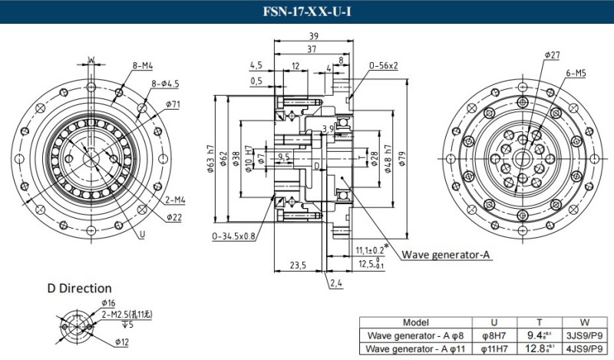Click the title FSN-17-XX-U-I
click(306, 12)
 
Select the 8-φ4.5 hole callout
click(165, 84)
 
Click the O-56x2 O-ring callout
click(383, 66)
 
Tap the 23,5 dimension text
click(297, 266)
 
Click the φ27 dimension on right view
click(552, 55)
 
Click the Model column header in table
click(414, 322)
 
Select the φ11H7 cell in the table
click(493, 349)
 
